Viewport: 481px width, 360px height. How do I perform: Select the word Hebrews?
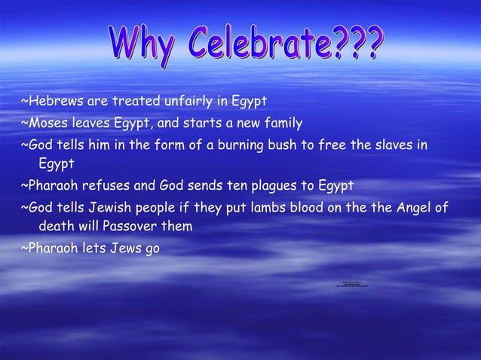51,100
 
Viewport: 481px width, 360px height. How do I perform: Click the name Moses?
45,122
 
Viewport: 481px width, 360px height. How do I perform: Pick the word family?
282,122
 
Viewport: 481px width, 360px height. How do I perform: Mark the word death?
57,226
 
